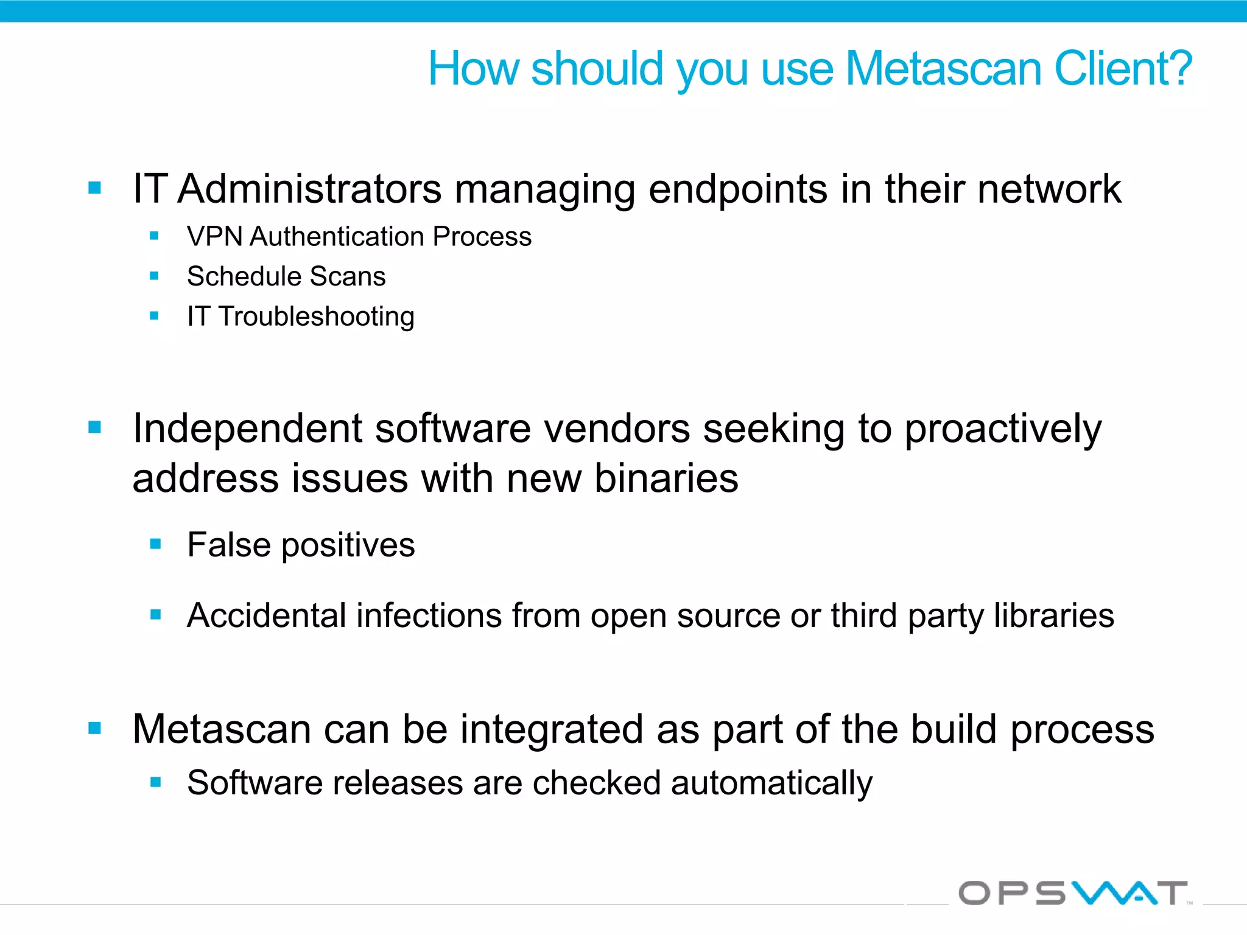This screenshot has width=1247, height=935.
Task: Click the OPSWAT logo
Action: [1073, 893]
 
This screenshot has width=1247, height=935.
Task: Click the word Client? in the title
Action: [1122, 68]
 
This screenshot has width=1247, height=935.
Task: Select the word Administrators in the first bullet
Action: [309, 189]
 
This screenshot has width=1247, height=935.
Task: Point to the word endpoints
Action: [738, 190]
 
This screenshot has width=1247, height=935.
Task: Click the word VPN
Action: [215, 236]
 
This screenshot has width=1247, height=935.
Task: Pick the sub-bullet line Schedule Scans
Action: [286, 276]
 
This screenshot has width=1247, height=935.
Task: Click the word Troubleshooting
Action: [317, 317]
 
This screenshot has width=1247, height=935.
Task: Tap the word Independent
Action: [247, 429]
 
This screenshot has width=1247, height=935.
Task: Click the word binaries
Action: [666, 478]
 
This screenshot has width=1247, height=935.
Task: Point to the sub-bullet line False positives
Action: [301, 545]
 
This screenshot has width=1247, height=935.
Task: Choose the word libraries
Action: [1054, 615]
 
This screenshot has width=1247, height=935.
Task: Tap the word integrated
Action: [551, 729]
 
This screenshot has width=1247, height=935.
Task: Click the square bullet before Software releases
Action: [156, 782]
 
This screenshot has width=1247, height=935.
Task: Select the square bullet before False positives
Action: [156, 544]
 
